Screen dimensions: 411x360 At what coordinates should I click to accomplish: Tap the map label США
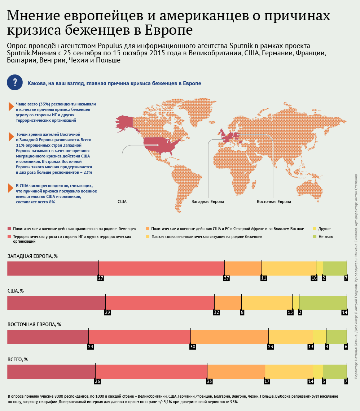click(x=122, y=202)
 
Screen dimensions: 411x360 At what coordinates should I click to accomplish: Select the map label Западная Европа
click(x=208, y=202)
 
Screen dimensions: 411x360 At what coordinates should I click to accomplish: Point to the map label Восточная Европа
click(x=274, y=202)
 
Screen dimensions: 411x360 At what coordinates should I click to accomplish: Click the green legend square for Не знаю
click(x=315, y=237)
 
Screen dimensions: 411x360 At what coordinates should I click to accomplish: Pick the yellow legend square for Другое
click(x=315, y=229)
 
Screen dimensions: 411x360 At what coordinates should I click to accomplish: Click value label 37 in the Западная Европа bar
click(x=227, y=268)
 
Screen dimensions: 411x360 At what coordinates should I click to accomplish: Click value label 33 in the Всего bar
click(x=209, y=371)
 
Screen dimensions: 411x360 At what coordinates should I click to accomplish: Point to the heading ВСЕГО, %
click(x=18, y=359)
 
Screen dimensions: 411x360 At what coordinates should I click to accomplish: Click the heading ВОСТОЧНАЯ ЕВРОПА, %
click(x=34, y=325)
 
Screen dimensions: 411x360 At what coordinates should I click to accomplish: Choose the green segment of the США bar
click(x=323, y=293)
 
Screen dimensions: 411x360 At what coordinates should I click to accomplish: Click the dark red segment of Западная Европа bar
click(x=53, y=258)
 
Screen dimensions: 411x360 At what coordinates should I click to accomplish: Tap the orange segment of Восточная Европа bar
click(x=229, y=327)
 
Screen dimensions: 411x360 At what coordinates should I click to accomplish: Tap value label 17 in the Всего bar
click(x=267, y=371)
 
